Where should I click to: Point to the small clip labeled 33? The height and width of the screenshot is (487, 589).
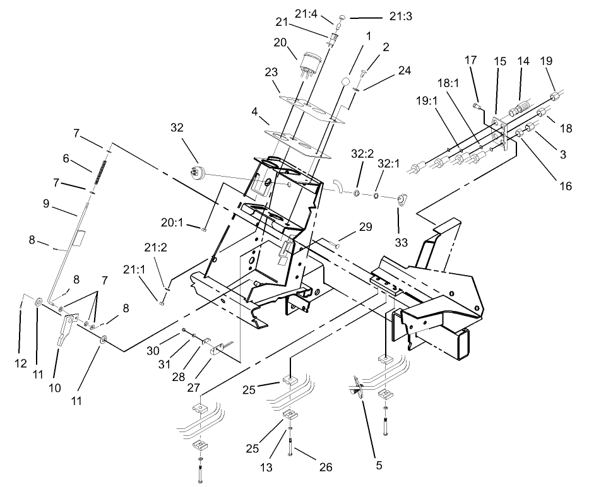[400, 201]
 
